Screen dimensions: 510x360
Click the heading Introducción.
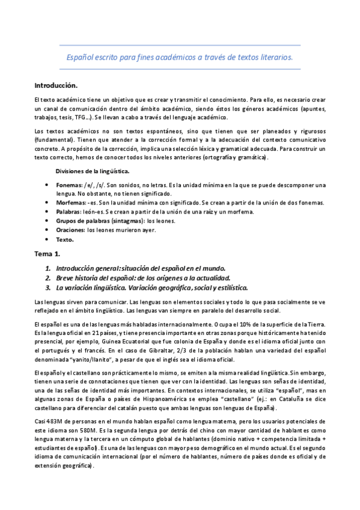click(x=56, y=85)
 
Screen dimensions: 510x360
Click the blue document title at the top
click(x=179, y=58)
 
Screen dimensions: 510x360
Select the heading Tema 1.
click(x=49, y=254)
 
